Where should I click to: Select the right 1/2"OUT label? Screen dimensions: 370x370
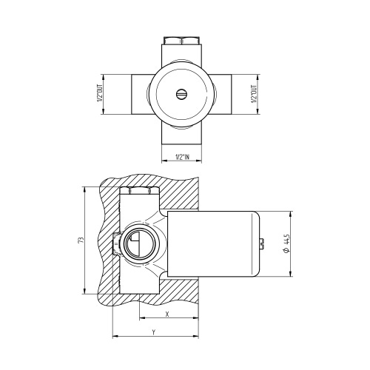click(x=256, y=94)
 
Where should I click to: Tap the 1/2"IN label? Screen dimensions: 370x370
click(x=182, y=157)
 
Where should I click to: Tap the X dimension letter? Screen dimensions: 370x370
click(x=167, y=314)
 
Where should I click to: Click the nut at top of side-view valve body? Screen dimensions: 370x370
click(x=138, y=190)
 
